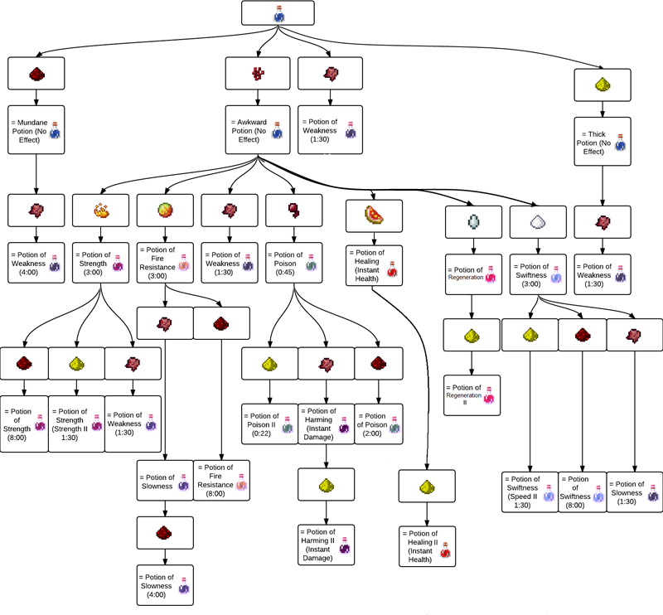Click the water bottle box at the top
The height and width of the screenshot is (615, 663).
point(278,13)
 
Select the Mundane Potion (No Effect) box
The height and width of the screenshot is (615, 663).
point(36,128)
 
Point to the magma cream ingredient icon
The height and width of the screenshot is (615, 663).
point(165,211)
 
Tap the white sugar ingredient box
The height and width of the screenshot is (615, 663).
point(536,221)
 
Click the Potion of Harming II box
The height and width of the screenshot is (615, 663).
point(326,545)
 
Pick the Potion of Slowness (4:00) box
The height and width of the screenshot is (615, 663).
point(165,584)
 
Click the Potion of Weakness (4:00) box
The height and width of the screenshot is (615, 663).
point(36,259)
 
